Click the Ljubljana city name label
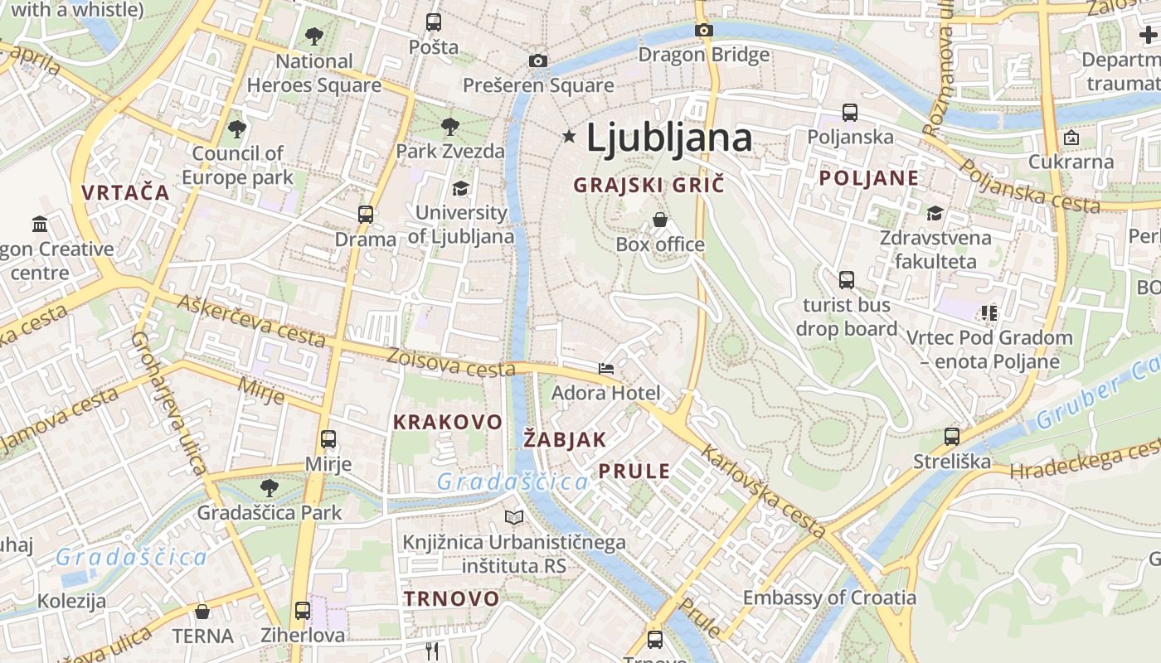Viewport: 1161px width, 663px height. [x=669, y=138]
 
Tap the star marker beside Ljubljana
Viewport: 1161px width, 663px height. [x=569, y=136]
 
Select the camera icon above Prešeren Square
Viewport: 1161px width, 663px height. [x=538, y=60]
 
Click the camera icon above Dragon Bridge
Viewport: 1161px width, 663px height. [x=704, y=31]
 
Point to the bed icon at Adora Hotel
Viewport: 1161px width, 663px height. [x=606, y=368]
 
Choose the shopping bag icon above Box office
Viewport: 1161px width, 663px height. [x=660, y=220]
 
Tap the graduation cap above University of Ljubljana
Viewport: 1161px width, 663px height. [x=460, y=189]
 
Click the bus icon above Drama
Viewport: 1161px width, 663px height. [x=366, y=214]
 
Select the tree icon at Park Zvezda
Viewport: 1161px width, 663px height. [x=450, y=127]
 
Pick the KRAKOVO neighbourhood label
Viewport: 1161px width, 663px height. [x=448, y=422]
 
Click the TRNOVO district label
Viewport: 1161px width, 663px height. [x=452, y=598]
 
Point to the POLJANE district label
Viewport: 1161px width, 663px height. [x=869, y=178]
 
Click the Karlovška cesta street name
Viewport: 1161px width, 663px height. [x=763, y=491]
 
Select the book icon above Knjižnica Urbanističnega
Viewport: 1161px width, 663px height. [x=514, y=518]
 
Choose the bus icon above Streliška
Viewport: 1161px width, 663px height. [x=952, y=436]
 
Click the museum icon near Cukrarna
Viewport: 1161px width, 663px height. [x=1071, y=137]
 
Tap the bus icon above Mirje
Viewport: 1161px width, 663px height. [x=328, y=439]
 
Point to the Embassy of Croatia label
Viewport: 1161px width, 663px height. [x=829, y=598]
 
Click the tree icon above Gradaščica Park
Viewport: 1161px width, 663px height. [x=269, y=487]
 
